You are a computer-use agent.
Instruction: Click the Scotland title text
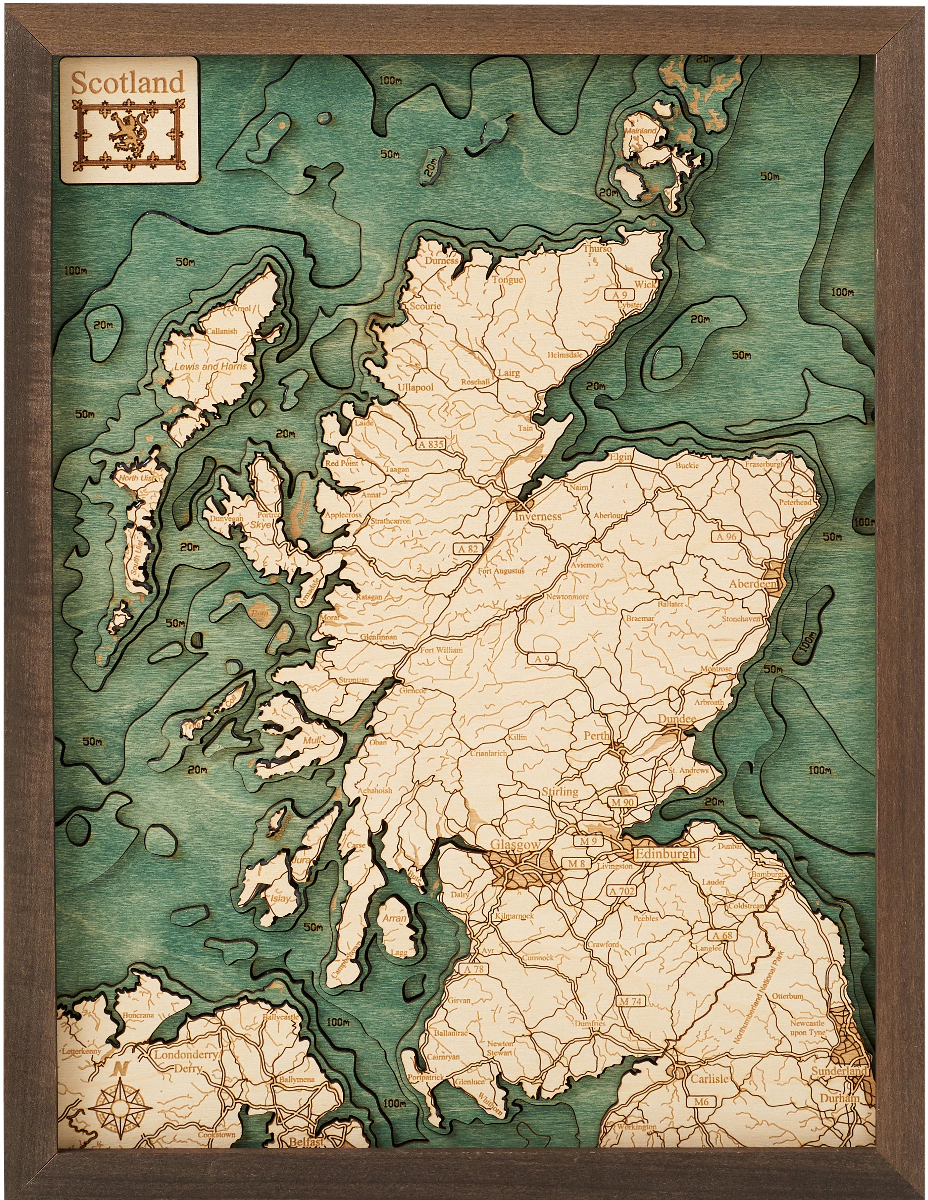[x=127, y=83]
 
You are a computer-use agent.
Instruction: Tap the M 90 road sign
[x=623, y=803]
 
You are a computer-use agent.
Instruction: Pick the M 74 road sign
[x=630, y=1001]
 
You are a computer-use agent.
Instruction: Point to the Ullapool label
[x=415, y=387]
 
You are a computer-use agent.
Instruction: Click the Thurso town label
[x=597, y=249]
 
